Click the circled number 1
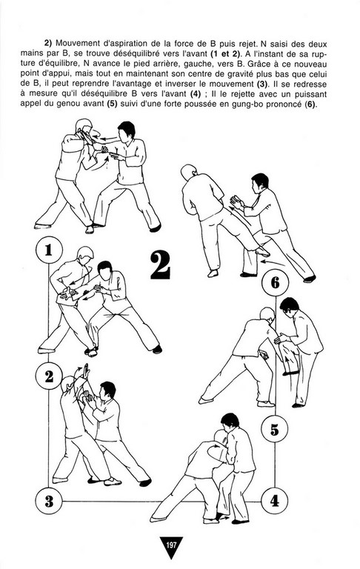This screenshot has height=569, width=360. pos(49,250)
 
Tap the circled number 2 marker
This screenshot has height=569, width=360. pos(49,376)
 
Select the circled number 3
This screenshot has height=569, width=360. pos(49,502)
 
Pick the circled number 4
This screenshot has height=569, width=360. pos(274,501)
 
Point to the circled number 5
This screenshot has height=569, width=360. pos(274,429)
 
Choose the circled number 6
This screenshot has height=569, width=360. pos(275,283)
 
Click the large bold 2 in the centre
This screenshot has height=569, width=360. pos(160,266)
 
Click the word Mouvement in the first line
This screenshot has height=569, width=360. pos(76,44)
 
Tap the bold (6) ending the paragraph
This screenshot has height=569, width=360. pos(310,105)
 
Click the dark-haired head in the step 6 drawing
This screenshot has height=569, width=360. pos(260,182)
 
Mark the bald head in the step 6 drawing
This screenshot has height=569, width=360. pos(188,172)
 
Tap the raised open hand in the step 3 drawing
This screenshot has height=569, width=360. pos(86,370)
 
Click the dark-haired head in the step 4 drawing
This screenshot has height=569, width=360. pos(230,422)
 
